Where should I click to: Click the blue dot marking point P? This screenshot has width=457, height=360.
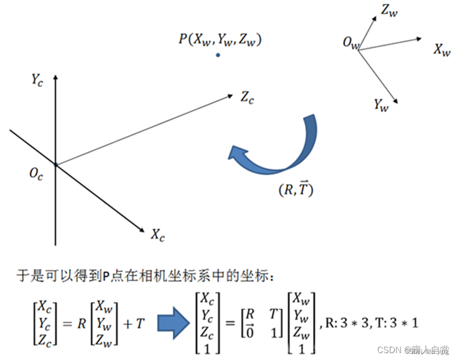point(218,55)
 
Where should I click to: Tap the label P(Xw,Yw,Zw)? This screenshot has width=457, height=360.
point(220,40)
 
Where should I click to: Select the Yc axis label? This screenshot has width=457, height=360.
point(36,80)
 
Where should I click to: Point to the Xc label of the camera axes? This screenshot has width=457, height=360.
point(157,235)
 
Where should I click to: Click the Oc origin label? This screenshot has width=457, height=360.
point(36,174)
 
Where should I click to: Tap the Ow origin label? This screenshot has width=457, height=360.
point(351,43)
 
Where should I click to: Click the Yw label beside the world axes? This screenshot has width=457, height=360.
point(381,105)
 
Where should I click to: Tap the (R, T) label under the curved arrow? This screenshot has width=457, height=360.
point(296,191)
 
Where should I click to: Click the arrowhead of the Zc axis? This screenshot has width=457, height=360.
point(230,96)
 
